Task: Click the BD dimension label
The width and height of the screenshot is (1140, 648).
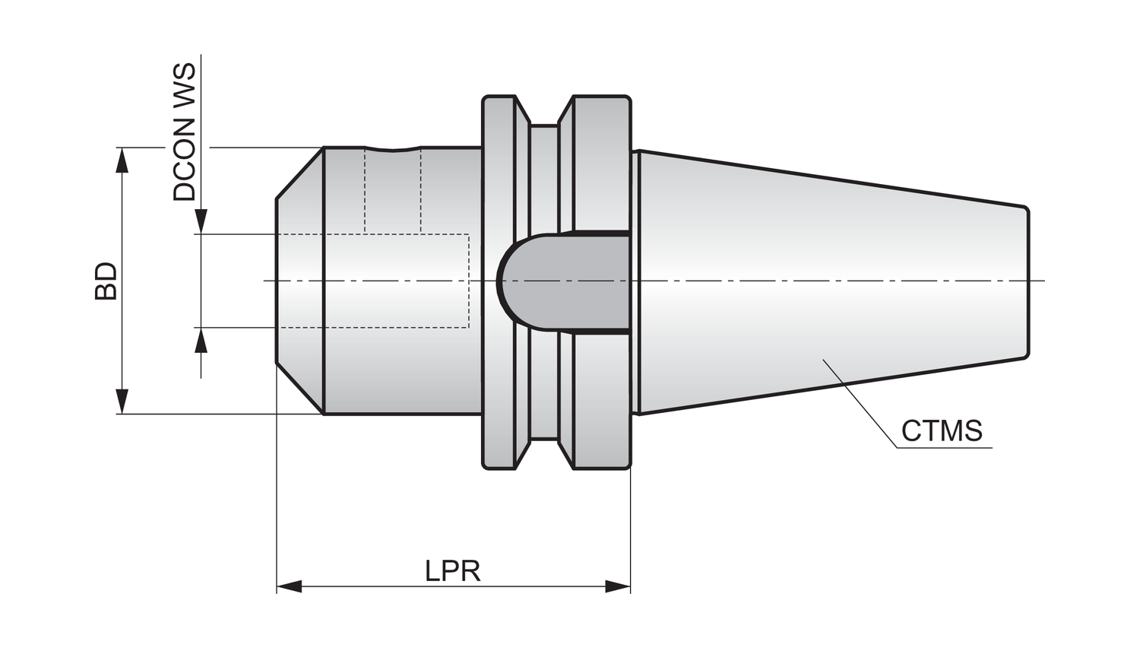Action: click(106, 281)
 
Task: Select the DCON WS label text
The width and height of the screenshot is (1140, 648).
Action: click(184, 132)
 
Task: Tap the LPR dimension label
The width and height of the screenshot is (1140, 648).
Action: click(453, 570)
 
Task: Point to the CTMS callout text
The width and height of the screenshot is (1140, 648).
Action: click(942, 431)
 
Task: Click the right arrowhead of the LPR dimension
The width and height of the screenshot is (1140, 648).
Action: click(618, 586)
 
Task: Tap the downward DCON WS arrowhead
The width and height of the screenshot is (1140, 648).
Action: click(201, 221)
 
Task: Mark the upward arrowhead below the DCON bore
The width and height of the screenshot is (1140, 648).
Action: click(201, 341)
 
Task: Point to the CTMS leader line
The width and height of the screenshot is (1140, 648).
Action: click(859, 399)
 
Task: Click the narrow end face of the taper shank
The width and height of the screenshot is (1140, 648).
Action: click(1028, 281)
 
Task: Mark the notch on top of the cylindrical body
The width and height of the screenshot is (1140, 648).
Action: click(393, 149)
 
